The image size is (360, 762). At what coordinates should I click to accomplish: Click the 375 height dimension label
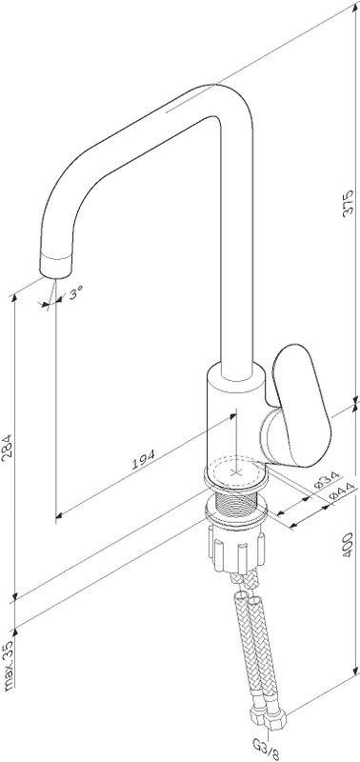point(349,203)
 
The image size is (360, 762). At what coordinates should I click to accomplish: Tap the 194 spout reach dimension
point(144,459)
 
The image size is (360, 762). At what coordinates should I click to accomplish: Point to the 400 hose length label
point(349,544)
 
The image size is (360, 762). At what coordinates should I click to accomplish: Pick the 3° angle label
point(76,293)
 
